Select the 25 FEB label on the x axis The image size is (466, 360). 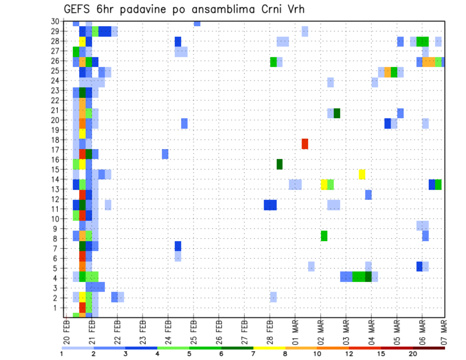click(x=194, y=332)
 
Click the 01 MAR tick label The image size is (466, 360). click(x=295, y=332)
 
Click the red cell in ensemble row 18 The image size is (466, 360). click(x=305, y=144)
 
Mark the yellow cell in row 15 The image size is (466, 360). click(x=362, y=174)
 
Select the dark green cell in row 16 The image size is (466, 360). click(x=280, y=164)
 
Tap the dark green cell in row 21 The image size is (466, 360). click(x=337, y=113)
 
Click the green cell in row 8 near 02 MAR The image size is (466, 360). click(x=324, y=236)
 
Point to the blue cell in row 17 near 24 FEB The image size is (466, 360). click(x=165, y=154)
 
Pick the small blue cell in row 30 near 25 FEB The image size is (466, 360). click(x=197, y=23)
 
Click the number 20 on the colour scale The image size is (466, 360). click(x=413, y=354)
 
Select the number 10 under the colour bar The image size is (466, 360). click(x=317, y=354)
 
